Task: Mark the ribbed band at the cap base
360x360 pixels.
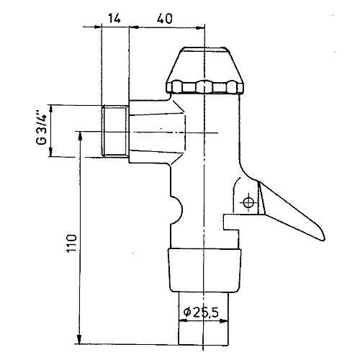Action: pyautogui.click(x=206, y=88)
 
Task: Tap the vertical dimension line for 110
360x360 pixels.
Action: pyautogui.click(x=78, y=245)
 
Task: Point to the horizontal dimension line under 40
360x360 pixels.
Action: pyautogui.click(x=167, y=28)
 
